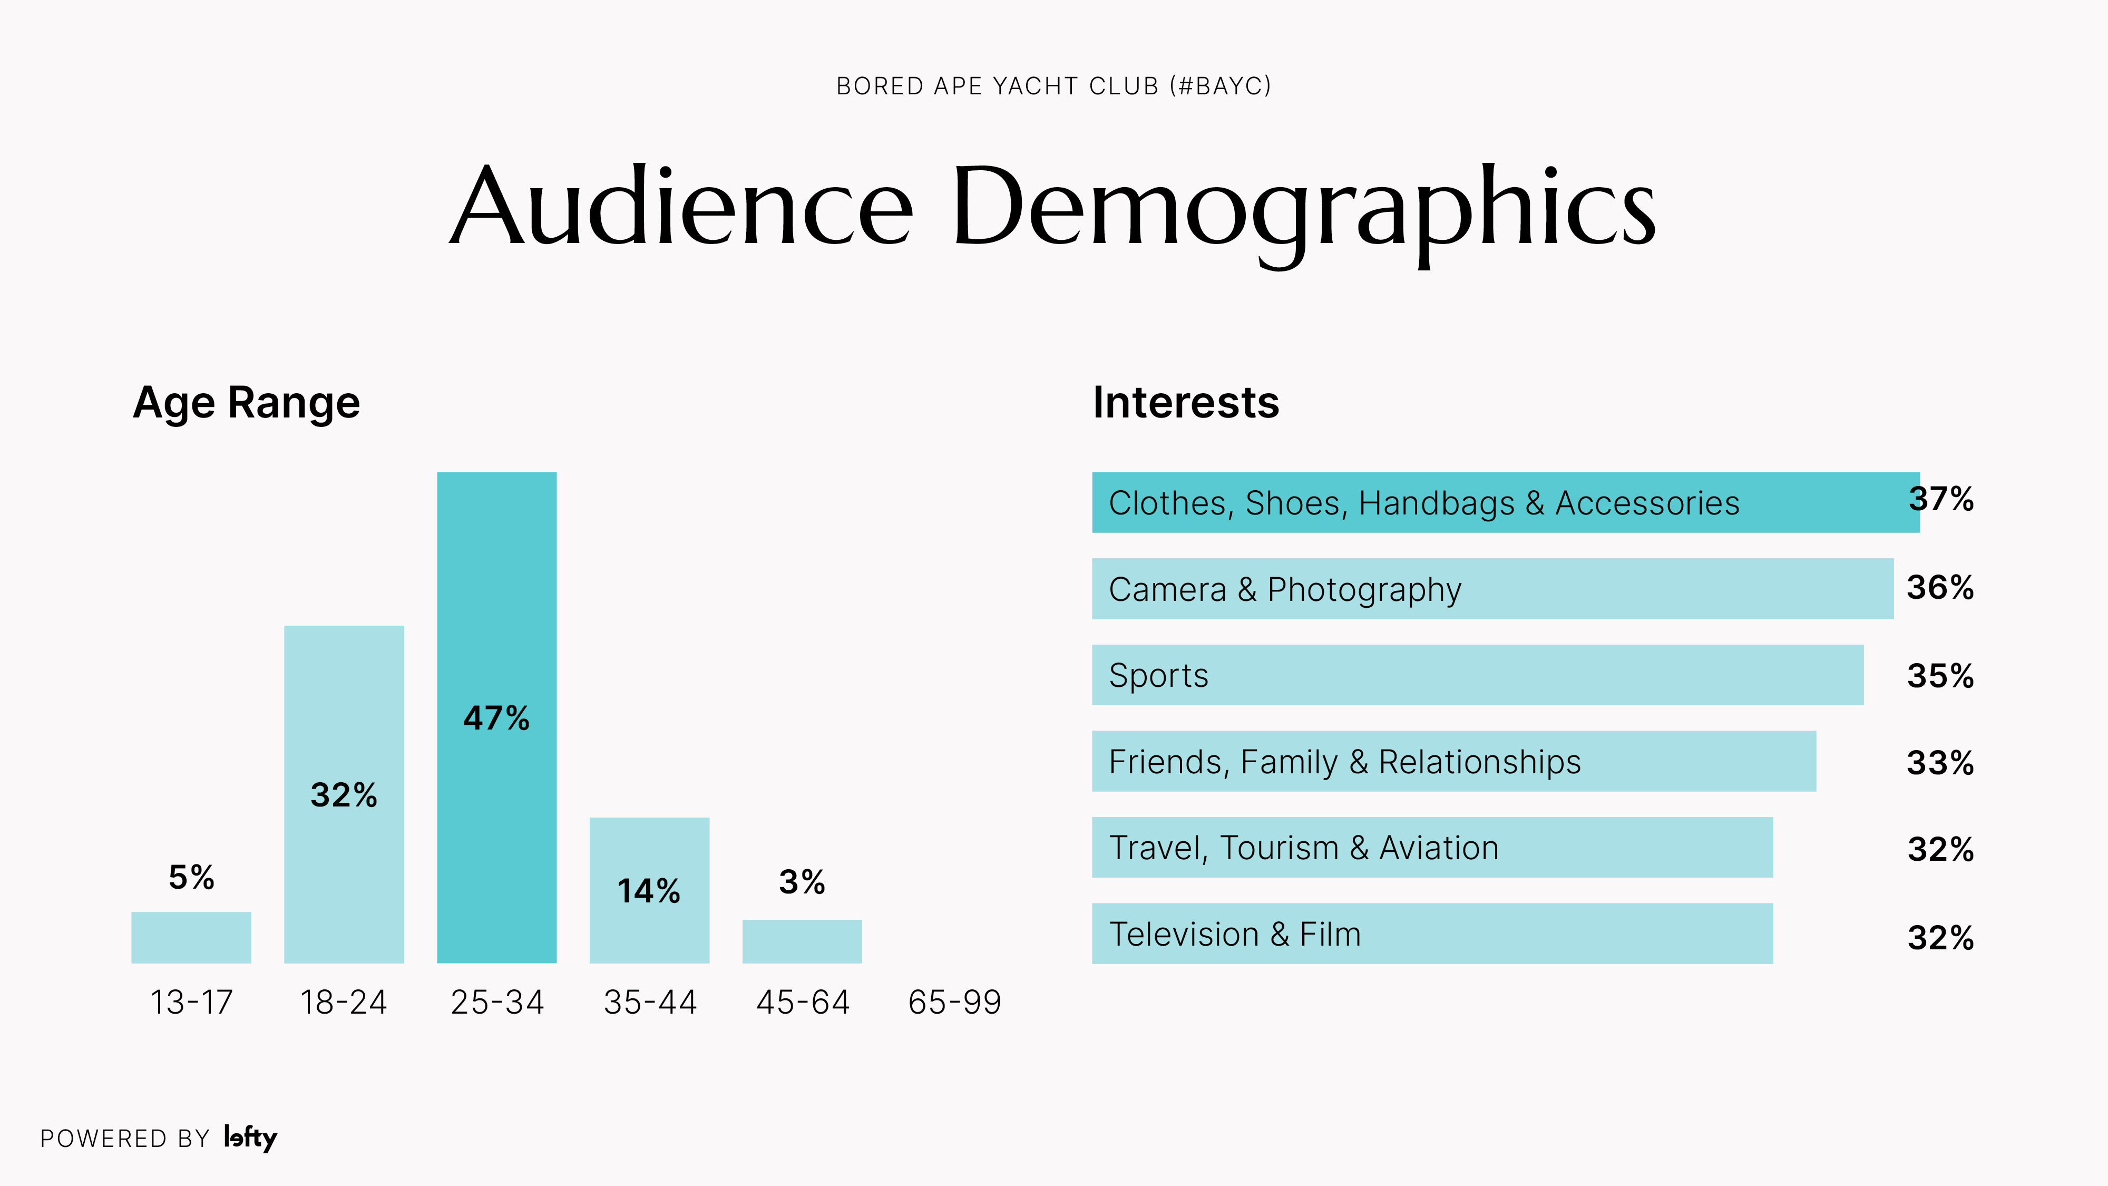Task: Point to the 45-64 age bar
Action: coord(802,941)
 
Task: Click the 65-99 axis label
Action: coord(954,1002)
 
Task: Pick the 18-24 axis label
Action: coord(344,1002)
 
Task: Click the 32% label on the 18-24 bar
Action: coord(344,795)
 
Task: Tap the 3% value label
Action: coord(802,881)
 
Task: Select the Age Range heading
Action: coord(246,403)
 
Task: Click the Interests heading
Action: coord(1186,403)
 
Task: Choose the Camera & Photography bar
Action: coord(1492,588)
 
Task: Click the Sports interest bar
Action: coord(1477,675)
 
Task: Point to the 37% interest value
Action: coord(1941,499)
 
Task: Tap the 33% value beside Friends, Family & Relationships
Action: coord(1940,763)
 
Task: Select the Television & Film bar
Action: coord(1432,934)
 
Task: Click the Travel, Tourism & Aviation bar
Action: coord(1432,847)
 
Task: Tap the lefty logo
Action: coord(250,1138)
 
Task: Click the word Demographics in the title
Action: coord(1303,209)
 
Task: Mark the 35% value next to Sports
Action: coord(1940,676)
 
